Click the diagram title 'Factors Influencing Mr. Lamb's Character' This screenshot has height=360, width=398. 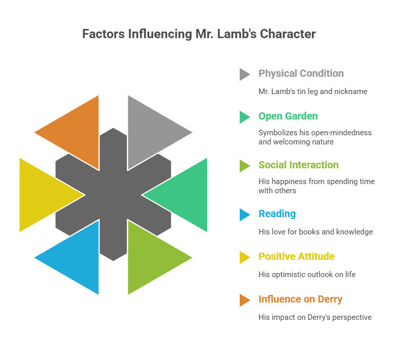[x=199, y=34]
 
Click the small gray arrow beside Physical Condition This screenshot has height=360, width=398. [x=244, y=74]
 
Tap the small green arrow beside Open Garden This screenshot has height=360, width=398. [x=244, y=117]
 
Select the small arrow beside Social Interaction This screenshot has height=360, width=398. [x=244, y=166]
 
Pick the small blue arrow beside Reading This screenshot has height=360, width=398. [x=244, y=215]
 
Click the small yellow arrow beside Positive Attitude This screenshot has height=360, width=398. [x=244, y=257]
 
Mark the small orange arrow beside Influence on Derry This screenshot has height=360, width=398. [x=244, y=300]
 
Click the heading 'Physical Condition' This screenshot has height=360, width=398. [x=301, y=73]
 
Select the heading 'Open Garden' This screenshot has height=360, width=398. [x=288, y=116]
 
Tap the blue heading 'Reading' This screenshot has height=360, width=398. [x=277, y=214]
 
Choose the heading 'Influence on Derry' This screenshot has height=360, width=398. [x=300, y=299]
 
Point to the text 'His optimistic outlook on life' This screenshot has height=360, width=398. [x=307, y=275]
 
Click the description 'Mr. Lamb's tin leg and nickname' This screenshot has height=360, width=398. [x=312, y=92]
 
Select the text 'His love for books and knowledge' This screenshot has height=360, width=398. [x=316, y=232]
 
